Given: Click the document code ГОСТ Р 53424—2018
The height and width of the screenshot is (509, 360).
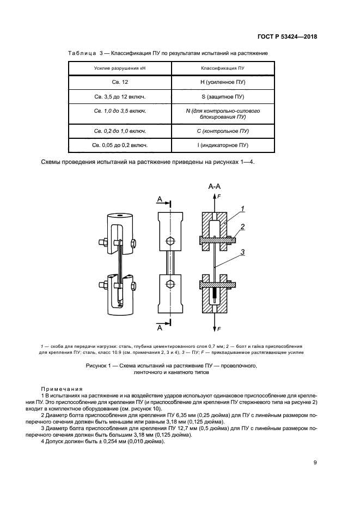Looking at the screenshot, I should click(x=287, y=37).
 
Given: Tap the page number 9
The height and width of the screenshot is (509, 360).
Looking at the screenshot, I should click(x=315, y=463).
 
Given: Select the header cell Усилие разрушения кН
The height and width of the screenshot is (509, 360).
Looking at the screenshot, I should click(x=120, y=69).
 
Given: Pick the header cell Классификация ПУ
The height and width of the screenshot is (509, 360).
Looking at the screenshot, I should click(x=222, y=69).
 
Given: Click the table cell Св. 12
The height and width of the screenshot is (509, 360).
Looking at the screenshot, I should click(x=120, y=82).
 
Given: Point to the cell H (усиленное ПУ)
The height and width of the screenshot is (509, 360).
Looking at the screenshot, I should click(x=223, y=82).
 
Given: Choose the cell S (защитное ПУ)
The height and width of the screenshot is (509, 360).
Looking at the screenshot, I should click(x=223, y=96).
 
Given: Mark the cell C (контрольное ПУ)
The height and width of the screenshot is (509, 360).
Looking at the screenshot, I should click(x=223, y=131).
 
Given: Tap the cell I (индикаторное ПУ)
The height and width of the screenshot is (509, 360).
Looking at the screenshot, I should click(x=223, y=145).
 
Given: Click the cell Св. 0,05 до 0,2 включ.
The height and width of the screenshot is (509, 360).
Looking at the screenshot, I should click(x=120, y=145).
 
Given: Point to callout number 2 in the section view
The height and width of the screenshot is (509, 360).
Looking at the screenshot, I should click(x=243, y=226).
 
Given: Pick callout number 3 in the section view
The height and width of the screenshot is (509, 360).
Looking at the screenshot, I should click(x=243, y=252).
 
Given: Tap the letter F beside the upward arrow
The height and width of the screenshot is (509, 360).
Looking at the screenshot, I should click(x=219, y=195).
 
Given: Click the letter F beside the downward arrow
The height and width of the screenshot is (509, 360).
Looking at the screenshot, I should click(x=219, y=329).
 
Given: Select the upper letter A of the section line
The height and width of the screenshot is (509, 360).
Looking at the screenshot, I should click(x=160, y=200).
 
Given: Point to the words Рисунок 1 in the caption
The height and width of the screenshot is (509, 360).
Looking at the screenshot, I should click(x=100, y=366).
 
